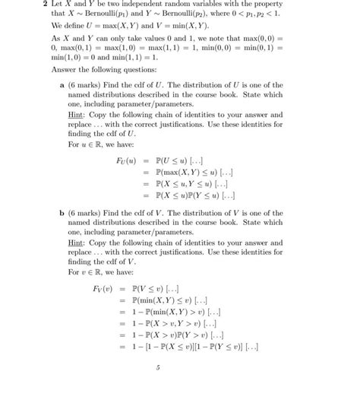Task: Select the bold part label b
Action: pos(62,215)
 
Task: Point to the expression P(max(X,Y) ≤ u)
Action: pos(188,171)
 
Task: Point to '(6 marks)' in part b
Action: pos(87,215)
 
